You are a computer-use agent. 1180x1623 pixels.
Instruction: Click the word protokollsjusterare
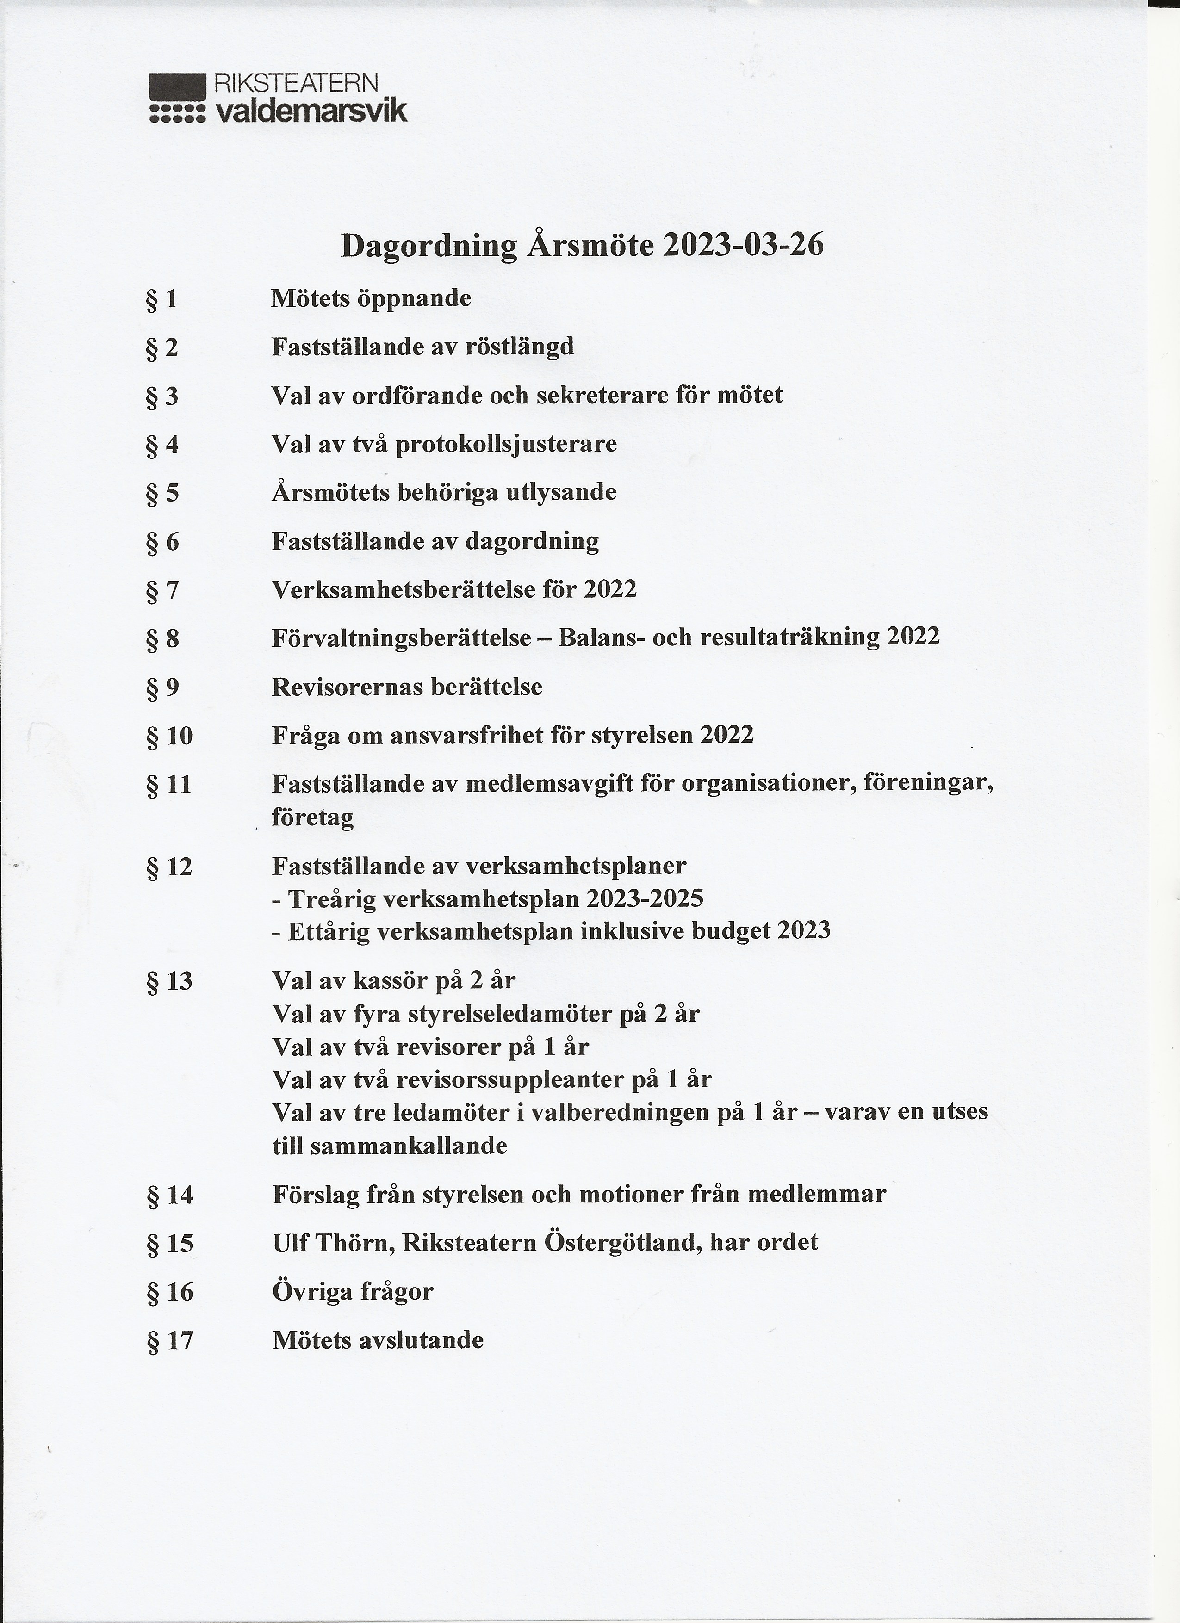coord(506,445)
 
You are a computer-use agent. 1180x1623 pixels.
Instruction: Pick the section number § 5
coord(162,494)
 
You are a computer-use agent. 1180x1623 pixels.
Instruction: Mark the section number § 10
coord(169,737)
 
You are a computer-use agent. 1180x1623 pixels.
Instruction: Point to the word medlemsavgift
coord(550,785)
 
